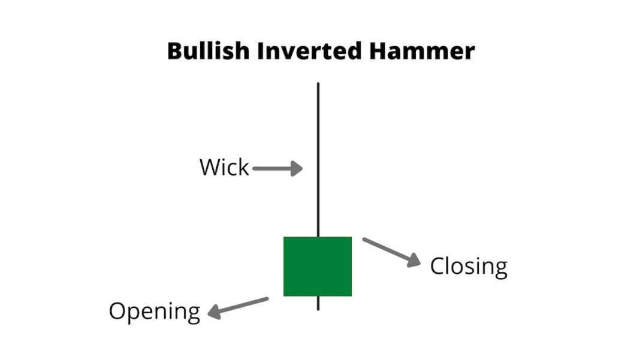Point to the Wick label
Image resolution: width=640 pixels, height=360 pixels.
[x=224, y=168]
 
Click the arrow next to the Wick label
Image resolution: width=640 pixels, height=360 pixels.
[x=277, y=169]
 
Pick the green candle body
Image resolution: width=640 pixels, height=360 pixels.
[x=317, y=266]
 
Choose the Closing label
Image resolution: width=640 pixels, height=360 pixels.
[x=469, y=266]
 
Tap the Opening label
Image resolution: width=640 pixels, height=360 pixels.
[x=154, y=311]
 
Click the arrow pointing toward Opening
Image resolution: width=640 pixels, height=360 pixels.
[x=238, y=306]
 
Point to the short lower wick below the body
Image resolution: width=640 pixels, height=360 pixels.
[x=318, y=303]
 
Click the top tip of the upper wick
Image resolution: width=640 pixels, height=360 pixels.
[x=318, y=84]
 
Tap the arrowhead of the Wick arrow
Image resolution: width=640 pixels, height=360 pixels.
[x=297, y=169]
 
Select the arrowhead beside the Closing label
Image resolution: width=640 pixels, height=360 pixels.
[x=413, y=261]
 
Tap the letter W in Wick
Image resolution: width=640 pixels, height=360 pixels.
[x=210, y=168]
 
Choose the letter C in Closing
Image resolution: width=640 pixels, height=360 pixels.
[x=438, y=266]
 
